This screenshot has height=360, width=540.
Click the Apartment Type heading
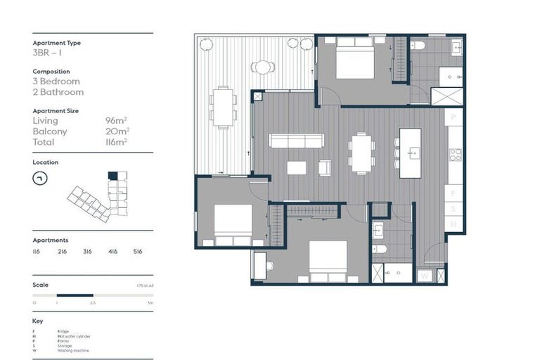(x=56, y=43)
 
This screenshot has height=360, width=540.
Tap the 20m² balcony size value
(x=117, y=131)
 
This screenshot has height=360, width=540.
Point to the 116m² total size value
(x=116, y=142)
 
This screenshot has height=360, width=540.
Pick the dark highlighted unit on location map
(x=112, y=176)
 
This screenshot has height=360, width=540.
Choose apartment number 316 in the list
(x=87, y=250)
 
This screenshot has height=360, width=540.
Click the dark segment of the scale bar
(x=75, y=295)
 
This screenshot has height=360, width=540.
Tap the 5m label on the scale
(x=150, y=302)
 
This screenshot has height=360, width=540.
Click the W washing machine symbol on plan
(x=425, y=276)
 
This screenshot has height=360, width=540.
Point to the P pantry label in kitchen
(x=455, y=115)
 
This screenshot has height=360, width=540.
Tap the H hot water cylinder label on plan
(x=454, y=224)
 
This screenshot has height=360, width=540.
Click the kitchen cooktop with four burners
(x=455, y=155)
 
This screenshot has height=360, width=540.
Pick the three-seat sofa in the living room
(x=296, y=140)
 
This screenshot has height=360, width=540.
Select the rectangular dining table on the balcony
(x=224, y=106)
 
